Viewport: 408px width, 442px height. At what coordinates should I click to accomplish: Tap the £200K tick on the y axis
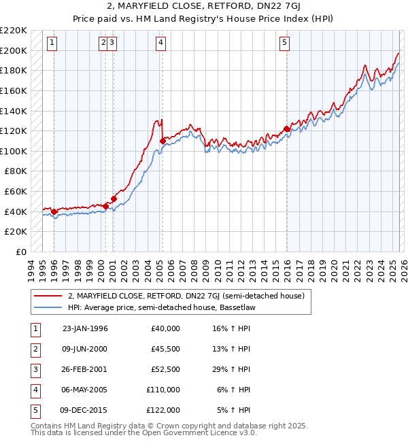[15, 50]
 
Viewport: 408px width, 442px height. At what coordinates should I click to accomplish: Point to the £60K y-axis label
[17, 192]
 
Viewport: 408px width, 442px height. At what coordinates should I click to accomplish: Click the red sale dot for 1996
[54, 211]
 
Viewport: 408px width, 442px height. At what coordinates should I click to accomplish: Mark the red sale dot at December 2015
[286, 129]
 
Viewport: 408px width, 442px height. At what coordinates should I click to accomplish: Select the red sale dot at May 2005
[163, 141]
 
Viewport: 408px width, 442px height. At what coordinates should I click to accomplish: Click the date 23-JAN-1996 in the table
[84, 328]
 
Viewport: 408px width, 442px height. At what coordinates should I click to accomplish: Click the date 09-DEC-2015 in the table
[84, 410]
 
